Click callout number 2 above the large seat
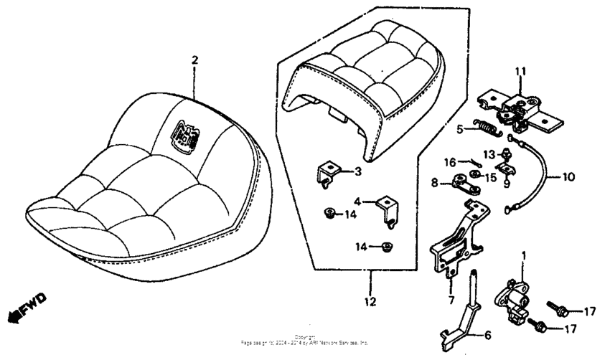click(x=194, y=60)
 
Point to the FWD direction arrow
click(x=24, y=307)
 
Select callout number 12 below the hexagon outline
click(x=370, y=302)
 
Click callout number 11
click(x=520, y=71)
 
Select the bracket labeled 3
click(x=327, y=174)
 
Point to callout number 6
click(x=487, y=334)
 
